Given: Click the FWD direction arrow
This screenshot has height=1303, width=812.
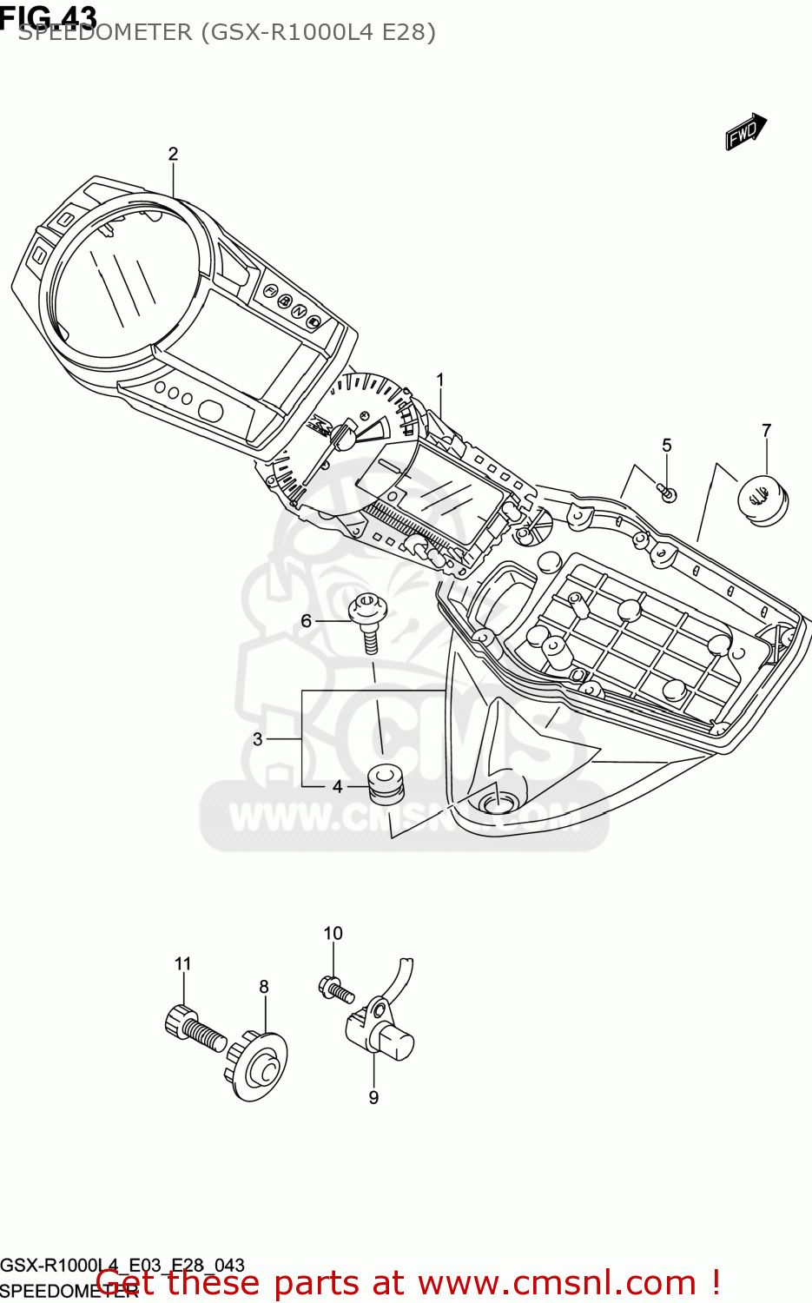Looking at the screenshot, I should tap(745, 132).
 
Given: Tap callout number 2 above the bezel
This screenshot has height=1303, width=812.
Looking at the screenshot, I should tap(173, 155).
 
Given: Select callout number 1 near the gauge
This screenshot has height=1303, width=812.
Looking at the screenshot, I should tap(440, 380).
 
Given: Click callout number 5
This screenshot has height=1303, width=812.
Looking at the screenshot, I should tap(666, 446).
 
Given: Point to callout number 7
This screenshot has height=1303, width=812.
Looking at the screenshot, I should tap(766, 431).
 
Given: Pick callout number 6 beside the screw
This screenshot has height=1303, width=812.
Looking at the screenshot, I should tap(306, 620).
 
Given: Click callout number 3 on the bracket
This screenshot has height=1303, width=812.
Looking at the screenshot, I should tap(258, 739).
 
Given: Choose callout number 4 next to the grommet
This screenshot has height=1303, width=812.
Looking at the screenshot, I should tap(337, 787).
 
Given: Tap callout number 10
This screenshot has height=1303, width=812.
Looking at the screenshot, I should tap(333, 934).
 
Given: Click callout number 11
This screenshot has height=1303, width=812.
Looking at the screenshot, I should tap(182, 964).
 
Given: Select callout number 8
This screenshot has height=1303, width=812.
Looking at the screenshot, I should tap(264, 987).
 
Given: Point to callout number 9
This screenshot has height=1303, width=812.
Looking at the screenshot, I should tap(373, 1098).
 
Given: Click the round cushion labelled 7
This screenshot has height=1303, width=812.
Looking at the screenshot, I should tap(763, 499).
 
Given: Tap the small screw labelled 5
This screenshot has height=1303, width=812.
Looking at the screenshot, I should tap(667, 493).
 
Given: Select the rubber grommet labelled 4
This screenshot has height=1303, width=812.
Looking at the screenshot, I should tap(384, 781).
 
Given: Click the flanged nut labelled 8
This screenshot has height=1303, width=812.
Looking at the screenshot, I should tap(259, 1066).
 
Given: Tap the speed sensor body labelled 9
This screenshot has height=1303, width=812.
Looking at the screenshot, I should tap(382, 1034).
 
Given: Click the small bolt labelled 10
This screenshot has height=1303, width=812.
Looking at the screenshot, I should tap(336, 989).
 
